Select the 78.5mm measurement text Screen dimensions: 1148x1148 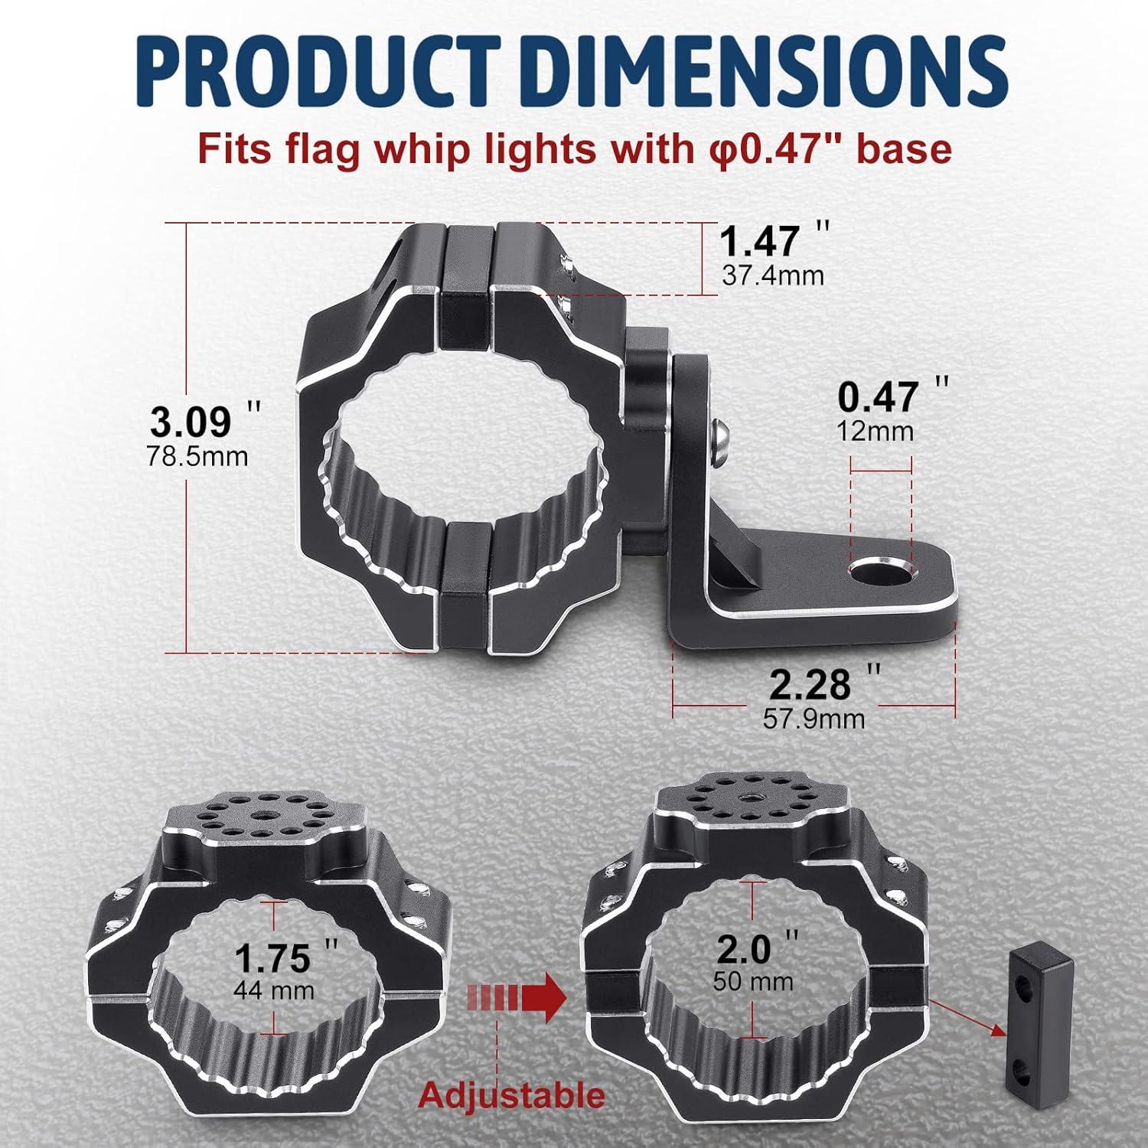tap(197, 457)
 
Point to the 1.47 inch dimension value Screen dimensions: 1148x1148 tap(759, 242)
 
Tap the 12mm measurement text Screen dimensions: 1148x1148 tap(876, 432)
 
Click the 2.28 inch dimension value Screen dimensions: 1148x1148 tap(810, 685)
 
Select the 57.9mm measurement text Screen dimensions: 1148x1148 tap(814, 719)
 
